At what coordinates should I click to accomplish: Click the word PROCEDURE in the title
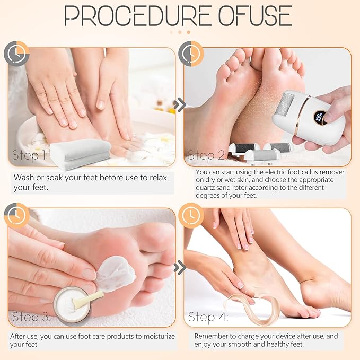coord(137,15)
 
